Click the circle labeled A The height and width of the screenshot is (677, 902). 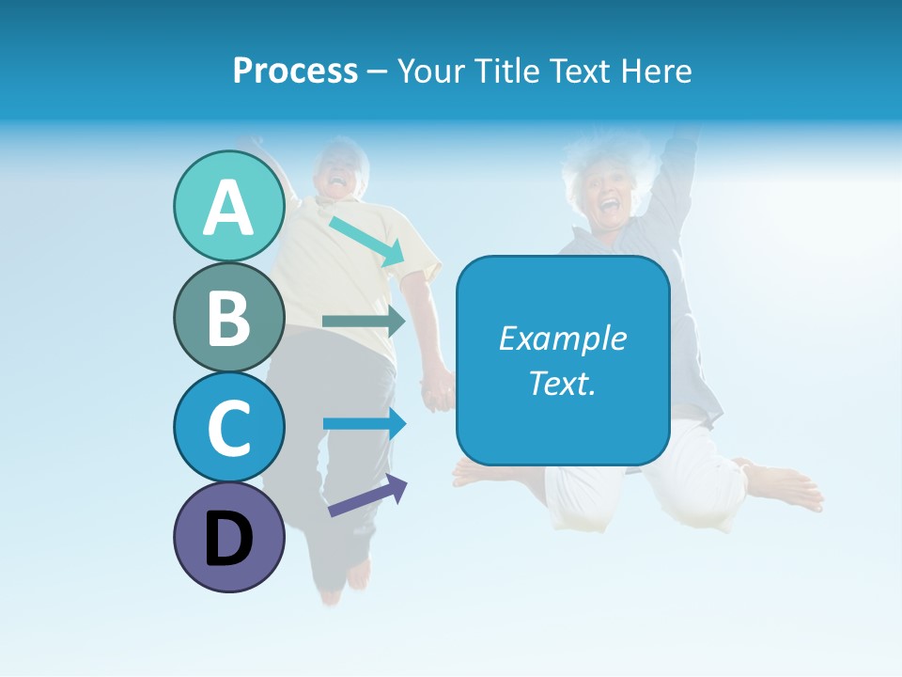[x=228, y=207]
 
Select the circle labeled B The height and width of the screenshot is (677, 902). [x=228, y=317]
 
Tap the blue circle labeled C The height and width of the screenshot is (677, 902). [x=228, y=427]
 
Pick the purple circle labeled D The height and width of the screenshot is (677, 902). [x=228, y=537]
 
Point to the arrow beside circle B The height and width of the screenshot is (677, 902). [x=364, y=322]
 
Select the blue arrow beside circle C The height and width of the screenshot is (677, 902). [x=365, y=423]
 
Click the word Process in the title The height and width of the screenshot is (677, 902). [x=295, y=71]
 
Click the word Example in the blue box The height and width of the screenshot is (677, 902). [x=562, y=338]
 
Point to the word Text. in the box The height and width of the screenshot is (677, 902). [x=562, y=383]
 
